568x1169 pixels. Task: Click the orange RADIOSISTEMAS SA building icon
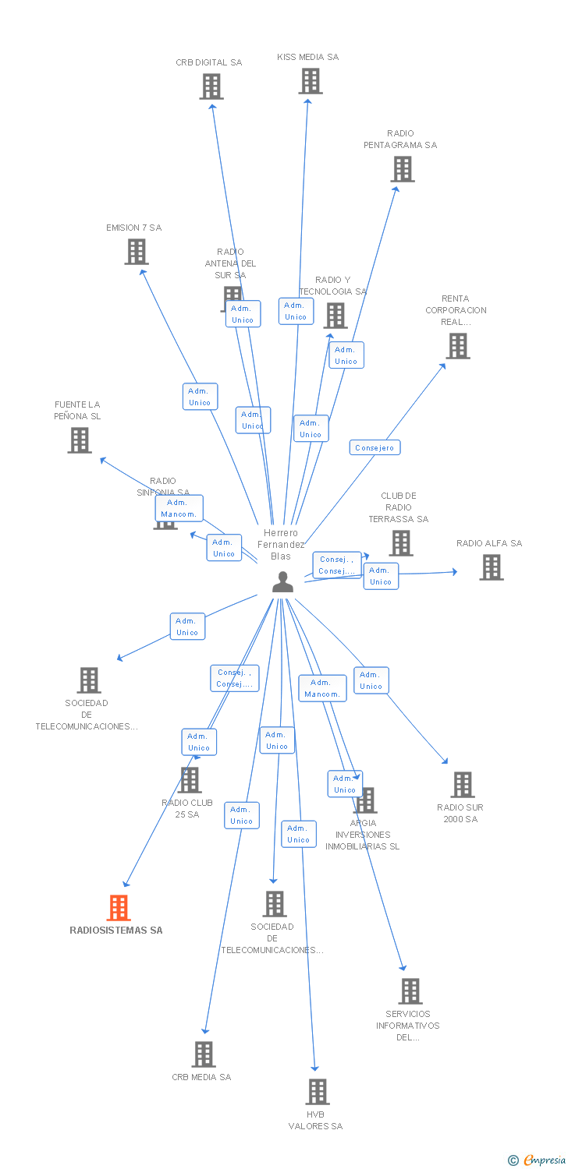click(x=119, y=908)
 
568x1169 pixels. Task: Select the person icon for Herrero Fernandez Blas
click(x=282, y=581)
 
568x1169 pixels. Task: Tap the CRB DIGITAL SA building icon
click(x=211, y=87)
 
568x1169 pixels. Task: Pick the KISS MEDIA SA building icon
click(x=311, y=81)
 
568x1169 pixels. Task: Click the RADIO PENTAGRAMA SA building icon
click(x=403, y=169)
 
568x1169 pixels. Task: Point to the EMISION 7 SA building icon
click(x=137, y=252)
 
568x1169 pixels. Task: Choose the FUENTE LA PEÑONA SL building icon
click(x=80, y=440)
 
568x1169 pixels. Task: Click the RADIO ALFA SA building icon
click(x=492, y=567)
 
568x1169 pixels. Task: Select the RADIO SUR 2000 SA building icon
click(x=463, y=785)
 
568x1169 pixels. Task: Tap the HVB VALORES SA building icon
click(x=318, y=1092)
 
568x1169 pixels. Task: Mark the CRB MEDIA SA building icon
click(x=204, y=1054)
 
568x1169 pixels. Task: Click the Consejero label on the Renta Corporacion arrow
click(x=375, y=447)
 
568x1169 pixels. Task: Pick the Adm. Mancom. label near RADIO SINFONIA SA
click(x=179, y=508)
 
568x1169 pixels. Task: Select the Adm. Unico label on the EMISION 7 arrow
click(x=201, y=397)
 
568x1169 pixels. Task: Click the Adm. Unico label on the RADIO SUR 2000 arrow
click(x=371, y=680)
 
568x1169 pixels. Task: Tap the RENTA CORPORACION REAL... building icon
click(x=458, y=346)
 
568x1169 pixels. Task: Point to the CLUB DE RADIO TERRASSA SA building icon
click(x=401, y=543)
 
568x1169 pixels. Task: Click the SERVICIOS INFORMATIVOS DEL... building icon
click(x=410, y=991)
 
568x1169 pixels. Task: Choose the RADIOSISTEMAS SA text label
click(x=116, y=931)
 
